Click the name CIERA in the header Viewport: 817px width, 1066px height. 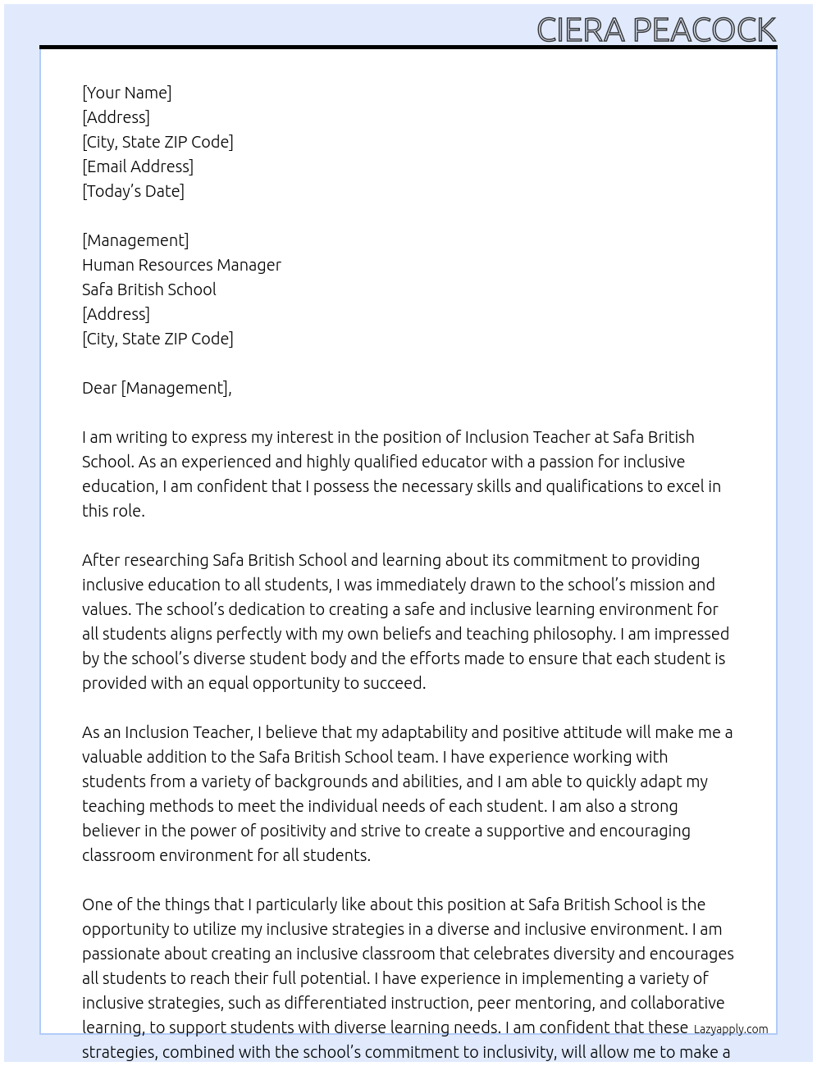tap(581, 30)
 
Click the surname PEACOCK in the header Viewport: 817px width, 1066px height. tap(704, 30)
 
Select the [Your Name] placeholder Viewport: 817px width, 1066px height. tap(126, 93)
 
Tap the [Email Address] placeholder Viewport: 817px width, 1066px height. tap(138, 166)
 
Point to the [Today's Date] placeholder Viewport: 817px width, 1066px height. tap(133, 191)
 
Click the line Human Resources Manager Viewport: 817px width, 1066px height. tap(181, 265)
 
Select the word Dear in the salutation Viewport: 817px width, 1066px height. tap(99, 388)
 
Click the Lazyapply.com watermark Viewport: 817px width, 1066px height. tap(730, 1029)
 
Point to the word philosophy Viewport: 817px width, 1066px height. tap(573, 634)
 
